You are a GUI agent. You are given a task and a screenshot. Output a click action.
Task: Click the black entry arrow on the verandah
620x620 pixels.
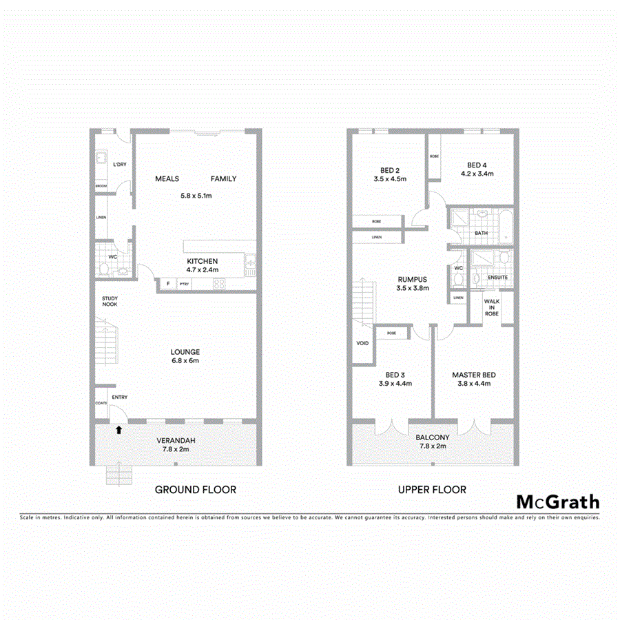coord(119,430)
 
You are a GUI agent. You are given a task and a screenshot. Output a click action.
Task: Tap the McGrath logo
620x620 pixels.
coord(557,502)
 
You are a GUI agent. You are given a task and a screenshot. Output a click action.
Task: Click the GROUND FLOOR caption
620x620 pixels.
coord(195,490)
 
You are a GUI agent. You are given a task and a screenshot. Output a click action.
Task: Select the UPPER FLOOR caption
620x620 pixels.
coord(432,490)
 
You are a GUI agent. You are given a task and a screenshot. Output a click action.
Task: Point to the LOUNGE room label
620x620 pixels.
coord(185,352)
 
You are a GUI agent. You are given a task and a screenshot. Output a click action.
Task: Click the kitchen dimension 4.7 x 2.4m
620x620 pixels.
coord(202,270)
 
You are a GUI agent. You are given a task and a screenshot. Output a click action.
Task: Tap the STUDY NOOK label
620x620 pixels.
coord(110,301)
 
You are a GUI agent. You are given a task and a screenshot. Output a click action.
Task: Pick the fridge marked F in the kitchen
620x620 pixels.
coord(167,284)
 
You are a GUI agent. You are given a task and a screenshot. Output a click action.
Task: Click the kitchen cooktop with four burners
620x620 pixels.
coord(219,284)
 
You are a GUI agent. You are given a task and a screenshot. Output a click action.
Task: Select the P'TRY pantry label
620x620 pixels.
coord(184,284)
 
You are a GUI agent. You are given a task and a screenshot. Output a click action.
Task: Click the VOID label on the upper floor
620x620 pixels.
coord(362,342)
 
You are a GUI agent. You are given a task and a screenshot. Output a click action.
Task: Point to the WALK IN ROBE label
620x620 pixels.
coord(491,307)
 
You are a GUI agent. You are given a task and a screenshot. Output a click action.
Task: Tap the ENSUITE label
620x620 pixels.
coord(497,278)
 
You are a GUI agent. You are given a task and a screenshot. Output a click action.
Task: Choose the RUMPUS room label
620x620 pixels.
coord(412,280)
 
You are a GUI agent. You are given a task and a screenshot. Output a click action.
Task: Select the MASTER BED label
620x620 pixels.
coord(474,375)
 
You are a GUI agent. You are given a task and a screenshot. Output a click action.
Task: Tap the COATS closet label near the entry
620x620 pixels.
coord(101,404)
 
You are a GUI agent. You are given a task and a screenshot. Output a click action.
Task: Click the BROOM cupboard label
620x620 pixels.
coord(101,186)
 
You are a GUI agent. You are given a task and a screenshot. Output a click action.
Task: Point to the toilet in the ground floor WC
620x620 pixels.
coord(104,268)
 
